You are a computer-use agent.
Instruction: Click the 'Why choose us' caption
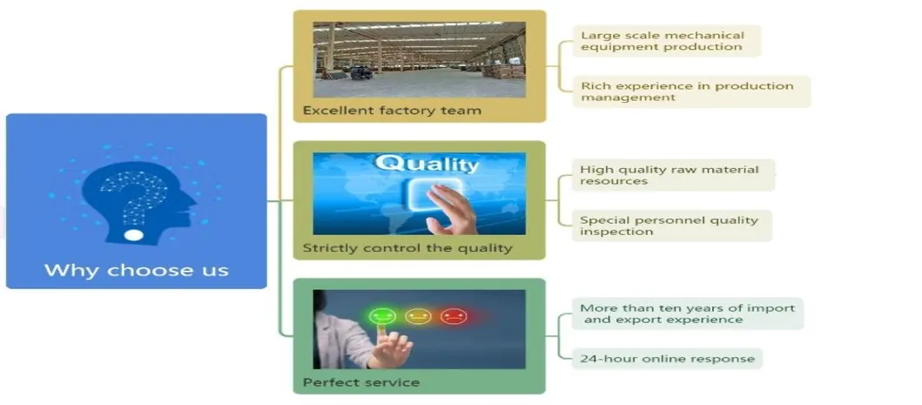tap(137, 270)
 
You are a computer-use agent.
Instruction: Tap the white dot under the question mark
tap(133, 235)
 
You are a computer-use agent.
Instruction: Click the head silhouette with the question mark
tap(138, 202)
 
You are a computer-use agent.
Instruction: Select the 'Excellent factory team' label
tap(392, 110)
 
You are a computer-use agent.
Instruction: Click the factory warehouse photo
tap(420, 59)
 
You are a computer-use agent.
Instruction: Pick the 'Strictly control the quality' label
tap(407, 248)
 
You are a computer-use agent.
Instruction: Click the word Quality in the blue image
tap(427, 164)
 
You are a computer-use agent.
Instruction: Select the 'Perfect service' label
tap(361, 382)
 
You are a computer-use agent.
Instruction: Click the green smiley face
tap(383, 316)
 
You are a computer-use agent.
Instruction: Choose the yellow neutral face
tap(418, 316)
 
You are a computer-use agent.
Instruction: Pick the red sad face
tap(454, 316)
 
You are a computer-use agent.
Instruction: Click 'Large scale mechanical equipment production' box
tap(666, 41)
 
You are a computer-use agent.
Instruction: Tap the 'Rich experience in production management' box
tap(691, 91)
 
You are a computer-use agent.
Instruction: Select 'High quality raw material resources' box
tap(673, 175)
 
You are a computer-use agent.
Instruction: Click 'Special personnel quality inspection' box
tap(672, 226)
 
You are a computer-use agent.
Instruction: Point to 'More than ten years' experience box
tap(688, 314)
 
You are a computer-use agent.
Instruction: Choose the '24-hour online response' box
tap(668, 359)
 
